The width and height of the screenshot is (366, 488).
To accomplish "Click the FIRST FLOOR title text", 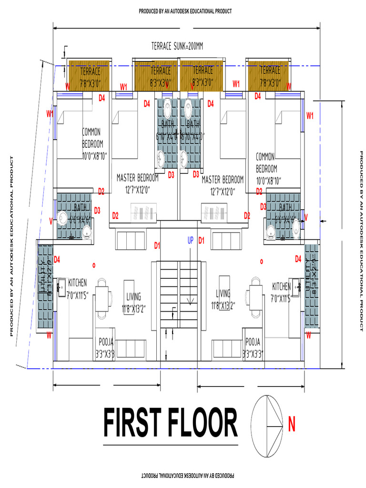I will pos(170,422).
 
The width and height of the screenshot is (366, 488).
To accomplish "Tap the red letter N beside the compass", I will pos(292,422).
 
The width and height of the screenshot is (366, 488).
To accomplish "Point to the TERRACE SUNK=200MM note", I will pos(177,46).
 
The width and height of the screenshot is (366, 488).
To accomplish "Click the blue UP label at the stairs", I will pos(190,241).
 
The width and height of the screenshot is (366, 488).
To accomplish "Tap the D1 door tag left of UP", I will pos(157,245).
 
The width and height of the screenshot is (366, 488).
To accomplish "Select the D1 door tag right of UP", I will pos(201,241).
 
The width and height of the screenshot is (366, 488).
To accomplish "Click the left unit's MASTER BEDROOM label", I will pos(138,183).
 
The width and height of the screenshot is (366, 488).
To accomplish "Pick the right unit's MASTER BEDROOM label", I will pos(223,184).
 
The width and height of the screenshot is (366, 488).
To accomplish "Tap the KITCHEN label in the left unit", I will pos(78,286).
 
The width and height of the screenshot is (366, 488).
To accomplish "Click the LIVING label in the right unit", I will pos(223,298).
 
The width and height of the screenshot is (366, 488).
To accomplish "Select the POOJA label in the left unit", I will pos(106,347).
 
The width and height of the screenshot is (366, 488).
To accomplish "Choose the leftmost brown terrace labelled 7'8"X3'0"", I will pos(90,75).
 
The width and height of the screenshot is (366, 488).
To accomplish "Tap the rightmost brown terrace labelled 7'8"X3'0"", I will pos(270,75).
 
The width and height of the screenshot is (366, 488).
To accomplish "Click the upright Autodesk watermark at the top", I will pos(185,11).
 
